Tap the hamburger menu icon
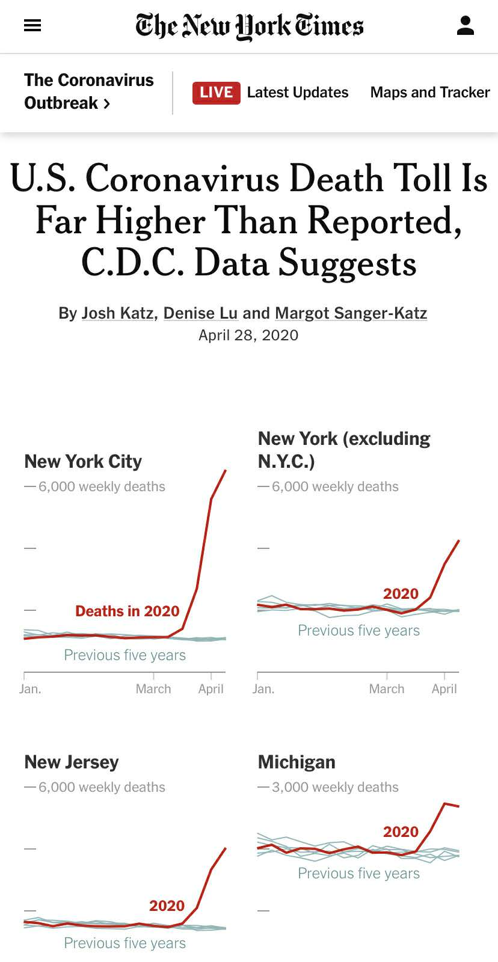tap(32, 25)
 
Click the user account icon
tap(466, 25)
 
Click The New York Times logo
tap(249, 26)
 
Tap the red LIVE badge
tap(216, 93)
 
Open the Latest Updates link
tap(298, 93)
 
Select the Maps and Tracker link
tap(430, 93)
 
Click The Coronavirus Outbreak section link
tap(88, 91)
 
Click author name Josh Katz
tap(117, 313)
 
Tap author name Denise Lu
tap(200, 313)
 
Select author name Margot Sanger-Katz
tap(351, 313)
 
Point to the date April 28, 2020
tap(248, 335)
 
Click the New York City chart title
tap(83, 461)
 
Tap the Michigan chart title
tap(297, 762)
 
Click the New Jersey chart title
tap(72, 762)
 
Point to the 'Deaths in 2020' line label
tap(128, 611)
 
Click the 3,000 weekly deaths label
tap(335, 787)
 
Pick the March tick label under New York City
tap(153, 689)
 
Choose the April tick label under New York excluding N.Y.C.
tap(444, 689)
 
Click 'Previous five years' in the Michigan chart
tap(359, 873)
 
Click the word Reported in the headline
tap(384, 221)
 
